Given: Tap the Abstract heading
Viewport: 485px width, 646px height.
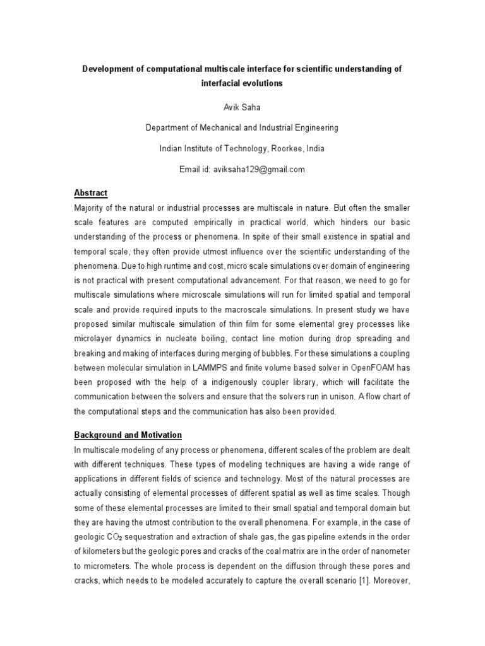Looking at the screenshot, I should (x=90, y=193).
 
